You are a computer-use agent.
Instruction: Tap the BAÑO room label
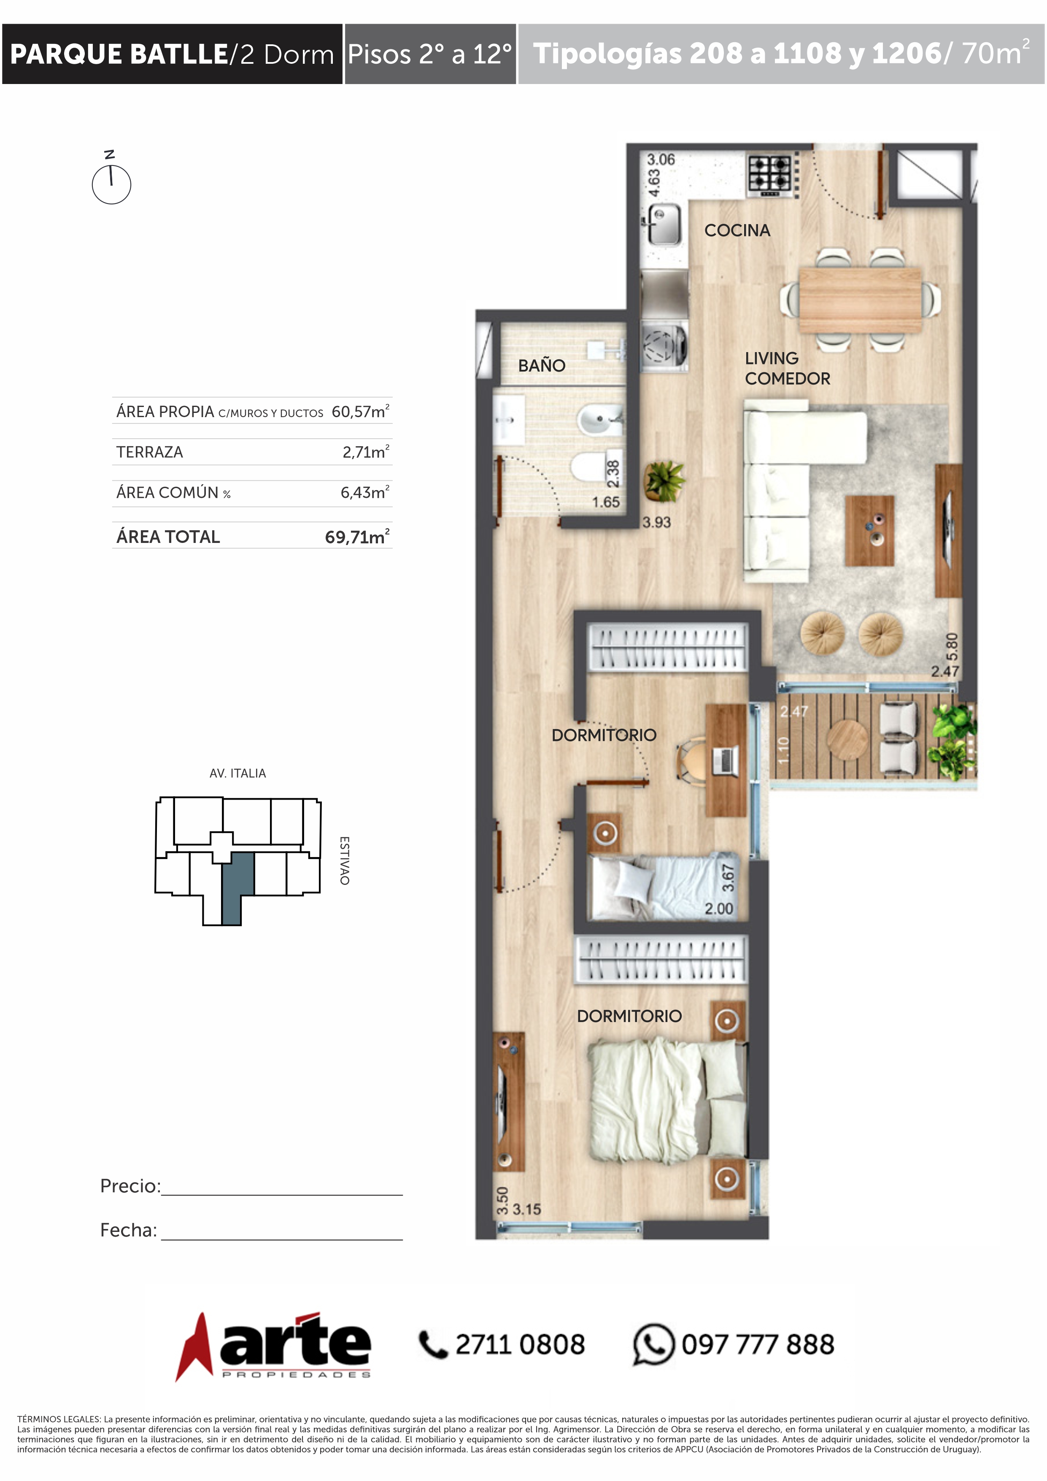[542, 366]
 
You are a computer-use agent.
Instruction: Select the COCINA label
[737, 230]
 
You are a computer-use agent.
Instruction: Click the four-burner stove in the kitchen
[770, 176]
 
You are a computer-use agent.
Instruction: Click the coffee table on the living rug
[869, 530]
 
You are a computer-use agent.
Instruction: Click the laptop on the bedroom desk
[725, 760]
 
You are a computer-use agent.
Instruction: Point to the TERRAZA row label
[150, 452]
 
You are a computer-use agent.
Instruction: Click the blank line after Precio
[282, 1195]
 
